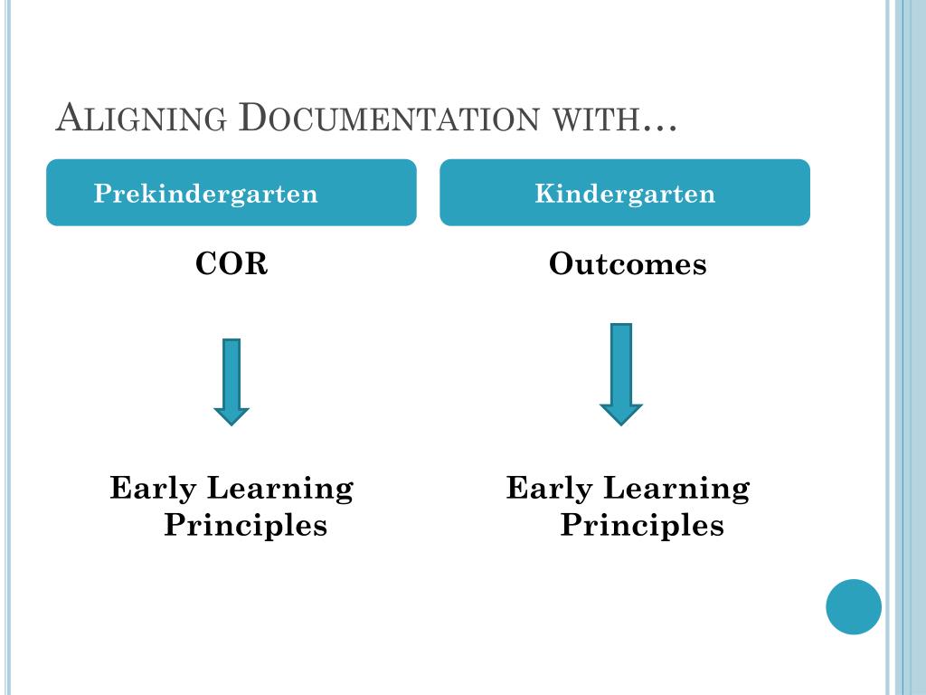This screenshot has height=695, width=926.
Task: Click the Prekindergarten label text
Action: (x=206, y=194)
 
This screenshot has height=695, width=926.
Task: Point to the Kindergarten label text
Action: (x=625, y=194)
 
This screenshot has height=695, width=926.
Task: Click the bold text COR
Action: (x=232, y=265)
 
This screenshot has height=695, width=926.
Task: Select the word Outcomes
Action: (x=628, y=265)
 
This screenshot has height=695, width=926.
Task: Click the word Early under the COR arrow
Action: (x=153, y=490)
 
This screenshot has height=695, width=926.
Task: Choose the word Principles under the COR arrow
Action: (x=245, y=526)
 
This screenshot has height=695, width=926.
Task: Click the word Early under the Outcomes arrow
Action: (x=549, y=490)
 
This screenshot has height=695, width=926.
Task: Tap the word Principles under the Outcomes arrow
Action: (x=642, y=526)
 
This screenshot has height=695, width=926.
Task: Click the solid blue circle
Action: (x=853, y=606)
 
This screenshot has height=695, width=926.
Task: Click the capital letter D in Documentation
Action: (x=256, y=119)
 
